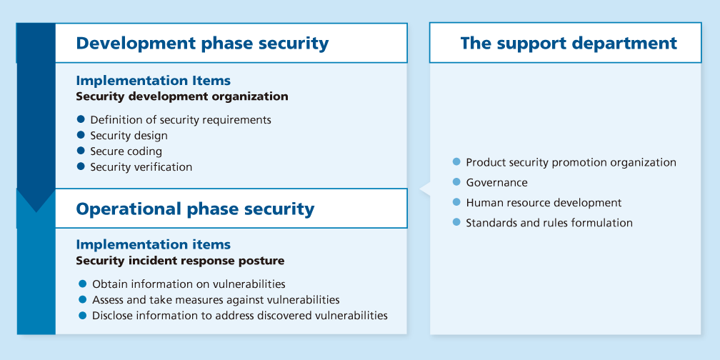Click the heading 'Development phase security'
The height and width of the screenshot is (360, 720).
(x=202, y=43)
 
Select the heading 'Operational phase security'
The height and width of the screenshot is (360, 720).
(x=195, y=209)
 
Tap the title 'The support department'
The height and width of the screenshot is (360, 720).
(x=569, y=43)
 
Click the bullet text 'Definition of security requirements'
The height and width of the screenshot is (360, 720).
(x=180, y=120)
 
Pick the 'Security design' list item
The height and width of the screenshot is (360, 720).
(x=129, y=136)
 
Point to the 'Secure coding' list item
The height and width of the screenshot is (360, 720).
(x=126, y=151)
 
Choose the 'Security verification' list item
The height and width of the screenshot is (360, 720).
(x=141, y=167)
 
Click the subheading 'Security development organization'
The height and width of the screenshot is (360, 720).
(x=182, y=96)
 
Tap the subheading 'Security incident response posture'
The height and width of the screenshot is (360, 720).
(x=180, y=261)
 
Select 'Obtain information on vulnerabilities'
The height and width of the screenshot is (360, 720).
(x=189, y=284)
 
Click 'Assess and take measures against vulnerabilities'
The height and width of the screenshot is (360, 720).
(x=216, y=300)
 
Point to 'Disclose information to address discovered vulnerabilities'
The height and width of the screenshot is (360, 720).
(x=239, y=316)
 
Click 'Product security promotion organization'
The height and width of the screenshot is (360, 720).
(x=571, y=162)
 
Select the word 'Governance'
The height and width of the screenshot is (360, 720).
(x=496, y=182)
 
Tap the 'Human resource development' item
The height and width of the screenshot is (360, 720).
(x=544, y=203)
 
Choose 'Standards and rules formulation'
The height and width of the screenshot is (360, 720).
(x=549, y=223)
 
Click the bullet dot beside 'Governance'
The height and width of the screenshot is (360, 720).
(x=457, y=182)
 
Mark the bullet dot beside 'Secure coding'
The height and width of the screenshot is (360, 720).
(x=81, y=151)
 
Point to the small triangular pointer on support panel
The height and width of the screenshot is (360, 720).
(x=424, y=189)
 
